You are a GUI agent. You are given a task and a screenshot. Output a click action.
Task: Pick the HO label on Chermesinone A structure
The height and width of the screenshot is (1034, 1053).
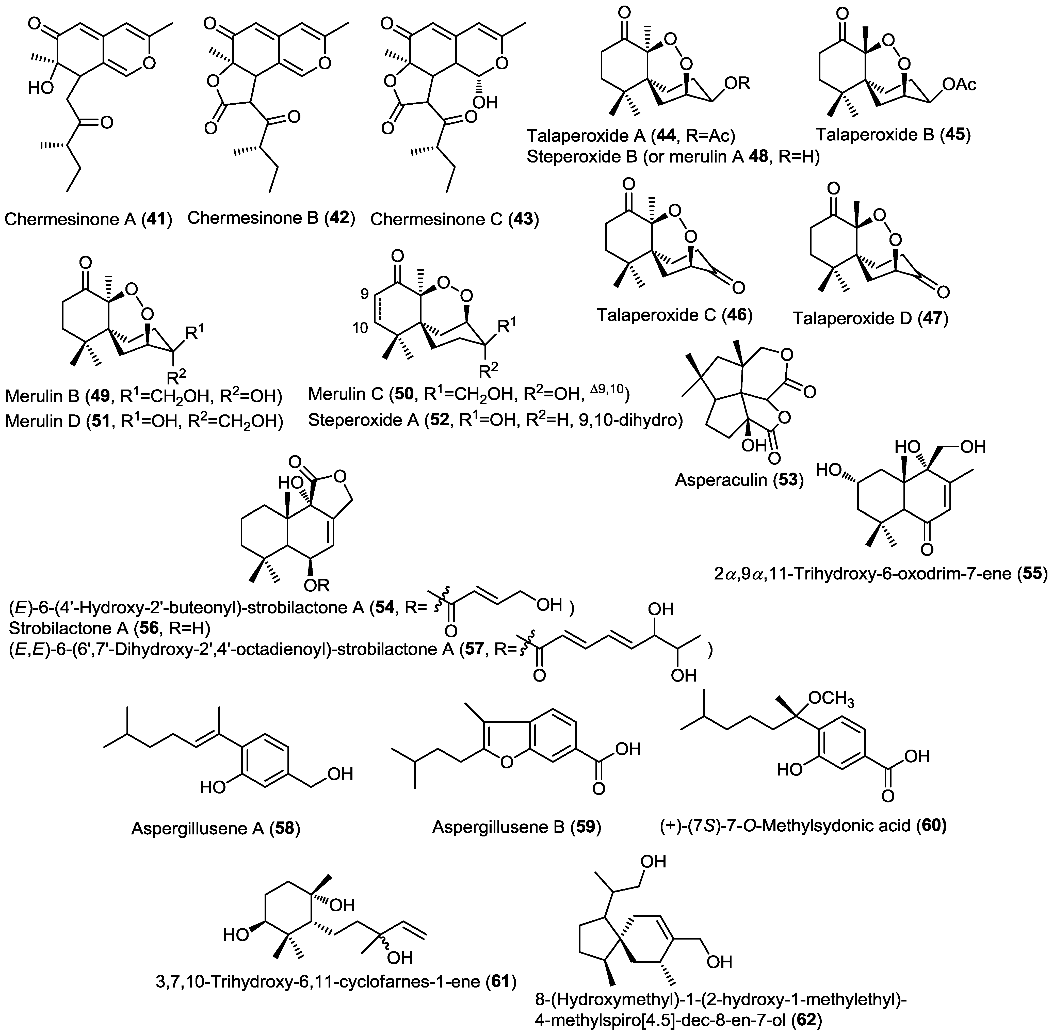click(x=41, y=88)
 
